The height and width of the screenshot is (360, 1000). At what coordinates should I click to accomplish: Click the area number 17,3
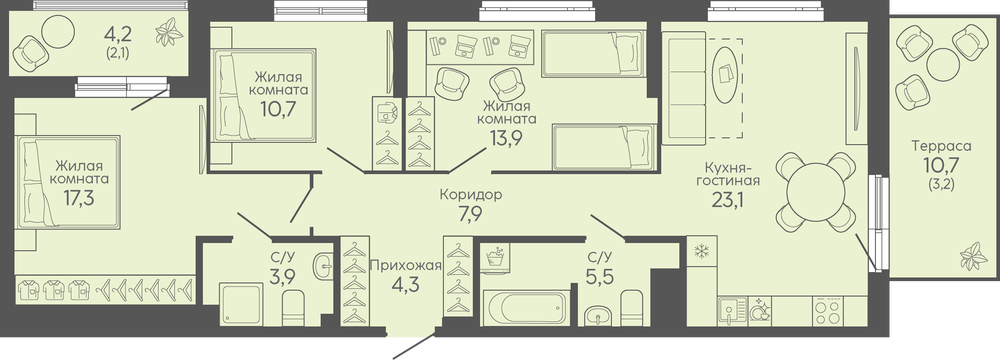pyautogui.click(x=80, y=198)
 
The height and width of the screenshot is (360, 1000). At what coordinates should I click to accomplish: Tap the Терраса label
pyautogui.click(x=941, y=146)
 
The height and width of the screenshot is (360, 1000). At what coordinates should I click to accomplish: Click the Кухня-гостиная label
pyautogui.click(x=732, y=174)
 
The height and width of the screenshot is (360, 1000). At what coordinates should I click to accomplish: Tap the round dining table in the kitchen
pyautogui.click(x=816, y=191)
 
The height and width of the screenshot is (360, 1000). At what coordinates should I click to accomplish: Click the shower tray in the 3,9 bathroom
pyautogui.click(x=241, y=304)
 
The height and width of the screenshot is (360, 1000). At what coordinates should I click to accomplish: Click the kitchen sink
pyautogui.click(x=730, y=311)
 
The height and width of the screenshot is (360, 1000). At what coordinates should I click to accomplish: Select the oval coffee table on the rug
pyautogui.click(x=725, y=74)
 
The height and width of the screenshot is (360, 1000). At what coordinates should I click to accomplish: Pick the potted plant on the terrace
pyautogui.click(x=969, y=257)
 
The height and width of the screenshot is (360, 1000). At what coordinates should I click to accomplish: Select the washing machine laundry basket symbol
pyautogui.click(x=496, y=257)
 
